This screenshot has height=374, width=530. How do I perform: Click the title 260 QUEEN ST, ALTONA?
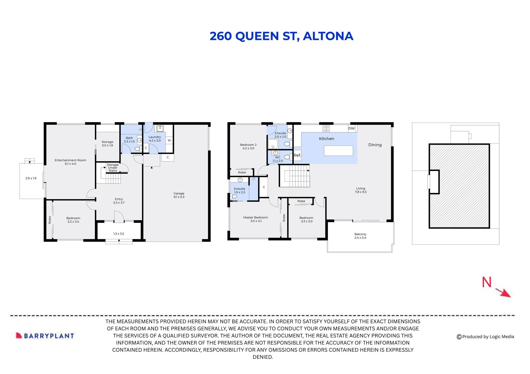coord(281,36)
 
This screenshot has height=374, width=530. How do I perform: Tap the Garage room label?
coord(179,195)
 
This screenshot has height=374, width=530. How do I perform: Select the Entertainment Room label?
coord(70,162)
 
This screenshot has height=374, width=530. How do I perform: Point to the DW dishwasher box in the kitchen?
coord(351,128)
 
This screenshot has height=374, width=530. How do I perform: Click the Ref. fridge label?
coord(297,155)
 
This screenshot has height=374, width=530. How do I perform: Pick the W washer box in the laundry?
coord(169,141)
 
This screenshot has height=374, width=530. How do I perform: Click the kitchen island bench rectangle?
coord(338,151)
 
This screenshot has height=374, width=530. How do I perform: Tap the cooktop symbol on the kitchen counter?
coord(326,128)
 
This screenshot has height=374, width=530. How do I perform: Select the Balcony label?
coord(360,236)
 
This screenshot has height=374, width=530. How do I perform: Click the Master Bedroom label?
coord(255,219)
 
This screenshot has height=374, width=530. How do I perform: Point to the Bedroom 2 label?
coord(248,146)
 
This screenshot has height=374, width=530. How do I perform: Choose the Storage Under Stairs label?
coord(113,168)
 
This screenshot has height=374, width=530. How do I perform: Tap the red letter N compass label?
coord(487,282)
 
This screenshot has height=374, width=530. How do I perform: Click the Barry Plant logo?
coord(45,336)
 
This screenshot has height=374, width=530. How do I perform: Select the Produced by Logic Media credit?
coord(485,337)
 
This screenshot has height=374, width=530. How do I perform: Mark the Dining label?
coord(375,145)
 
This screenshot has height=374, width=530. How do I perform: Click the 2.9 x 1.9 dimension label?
coord(31,178)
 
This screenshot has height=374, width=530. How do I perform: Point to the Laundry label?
coord(155,139)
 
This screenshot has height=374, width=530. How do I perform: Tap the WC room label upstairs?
coord(278,159)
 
